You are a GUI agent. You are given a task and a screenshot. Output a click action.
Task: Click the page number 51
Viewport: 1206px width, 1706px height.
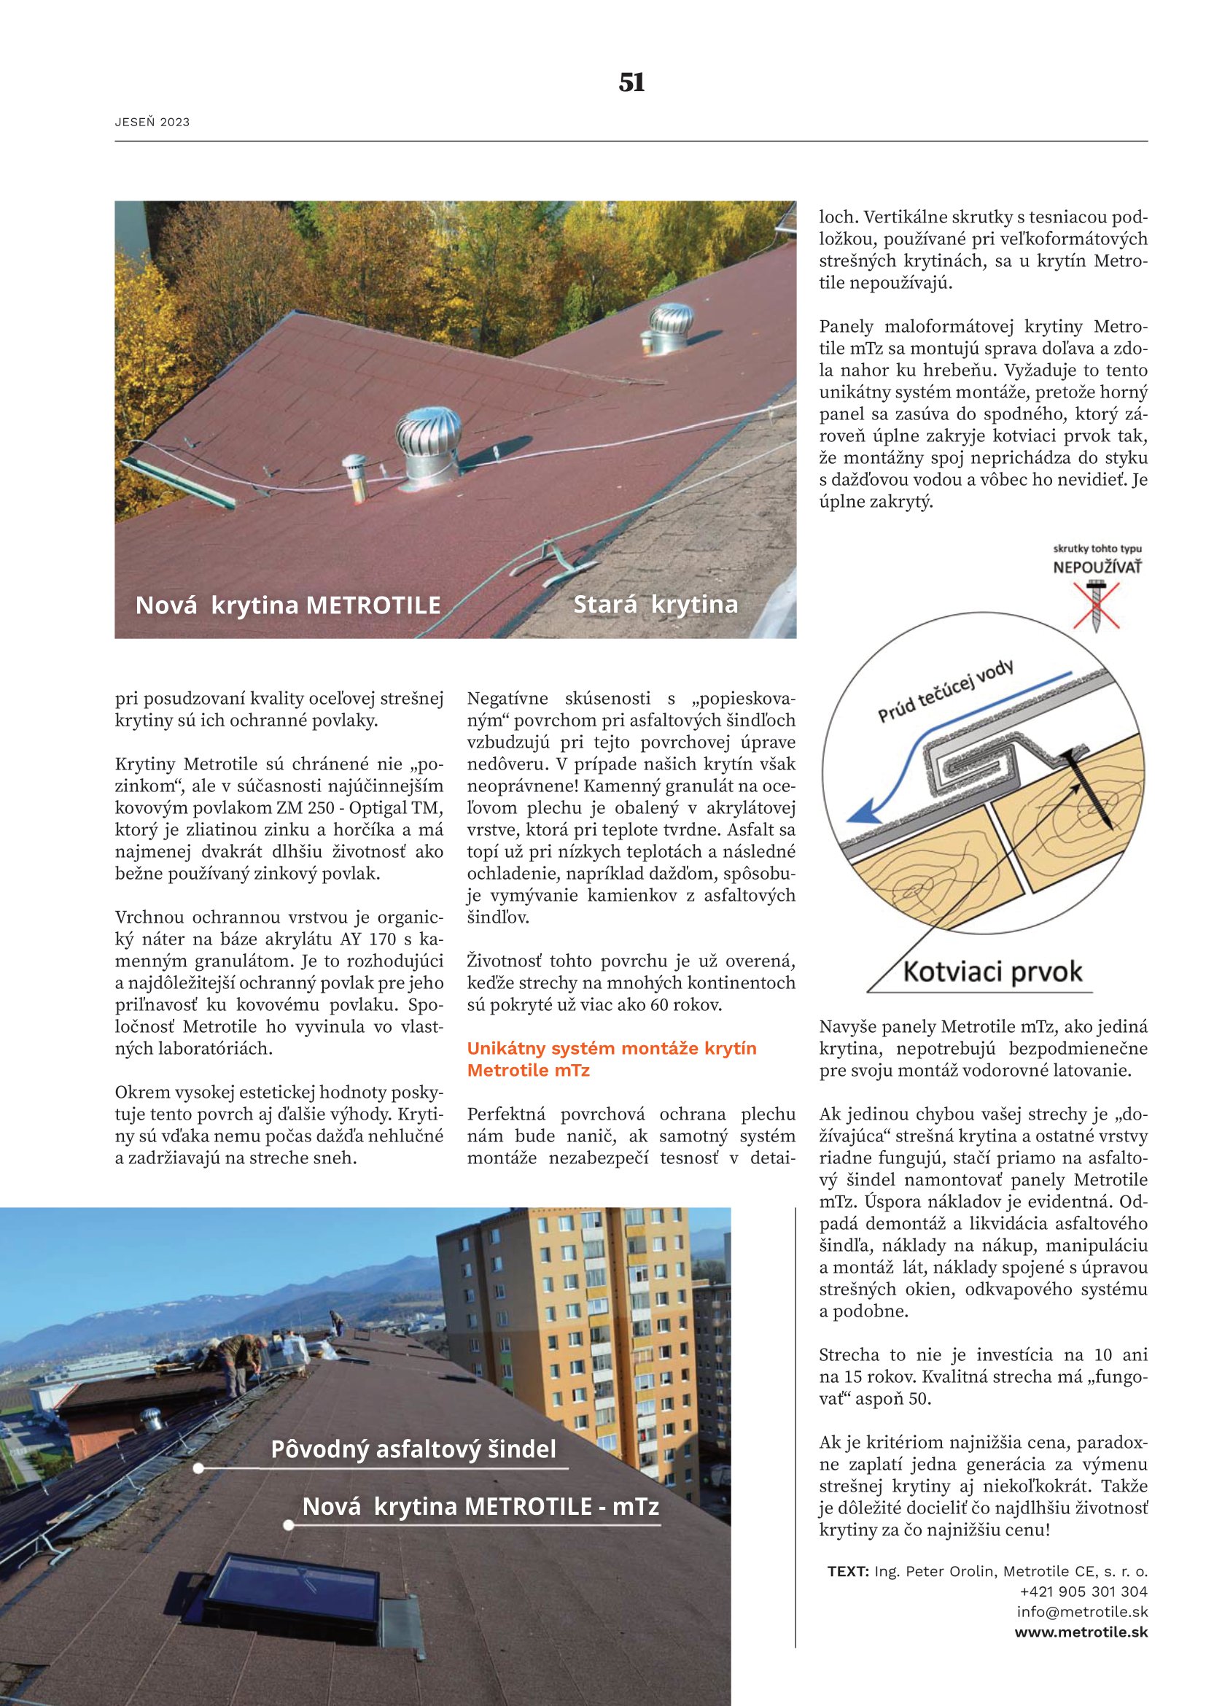coord(631,82)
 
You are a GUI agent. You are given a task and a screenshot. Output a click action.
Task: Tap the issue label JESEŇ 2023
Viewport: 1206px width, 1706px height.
coord(152,123)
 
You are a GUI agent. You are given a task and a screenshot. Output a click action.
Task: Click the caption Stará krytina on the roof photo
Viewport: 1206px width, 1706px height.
coord(655,604)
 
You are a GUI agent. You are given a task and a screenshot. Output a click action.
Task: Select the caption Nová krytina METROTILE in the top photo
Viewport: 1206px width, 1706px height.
coord(288,605)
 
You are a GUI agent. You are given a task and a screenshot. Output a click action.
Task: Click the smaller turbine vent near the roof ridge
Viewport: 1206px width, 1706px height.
coord(671,326)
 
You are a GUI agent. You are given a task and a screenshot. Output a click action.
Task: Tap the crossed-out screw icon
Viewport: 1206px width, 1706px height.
coord(1096,605)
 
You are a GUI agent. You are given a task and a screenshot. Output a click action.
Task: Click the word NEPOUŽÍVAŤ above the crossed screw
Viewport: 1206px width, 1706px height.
coord(1097,567)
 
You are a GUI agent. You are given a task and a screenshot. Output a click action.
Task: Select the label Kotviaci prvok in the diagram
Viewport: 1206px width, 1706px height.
coord(993,971)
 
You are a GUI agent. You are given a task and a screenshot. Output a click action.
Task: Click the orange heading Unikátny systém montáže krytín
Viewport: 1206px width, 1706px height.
coord(612,1048)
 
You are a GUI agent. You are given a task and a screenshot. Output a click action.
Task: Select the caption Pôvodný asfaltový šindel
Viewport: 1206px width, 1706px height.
coord(413,1450)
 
